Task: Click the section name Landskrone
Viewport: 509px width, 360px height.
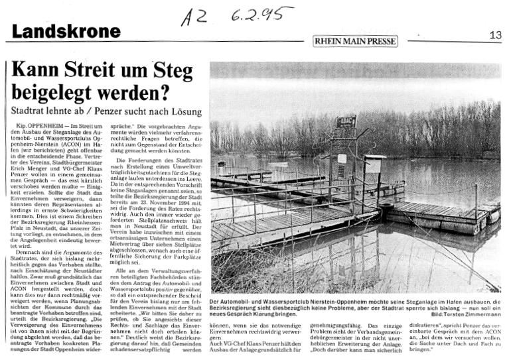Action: pos(66,30)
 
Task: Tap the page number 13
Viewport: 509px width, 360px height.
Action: pos(495,35)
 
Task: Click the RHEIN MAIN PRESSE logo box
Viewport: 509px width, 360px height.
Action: pos(355,40)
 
